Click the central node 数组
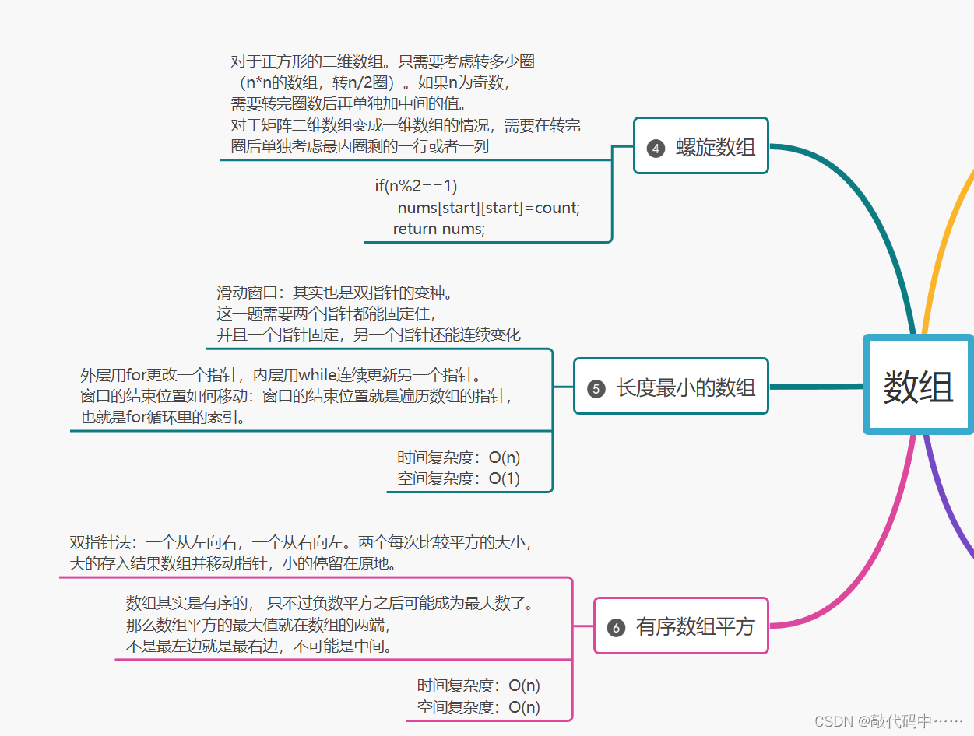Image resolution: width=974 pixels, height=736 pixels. point(918,385)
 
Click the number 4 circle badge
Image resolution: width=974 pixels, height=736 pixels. point(656,148)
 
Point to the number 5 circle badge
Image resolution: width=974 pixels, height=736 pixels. point(596,388)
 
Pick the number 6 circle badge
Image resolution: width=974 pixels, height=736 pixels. point(616,627)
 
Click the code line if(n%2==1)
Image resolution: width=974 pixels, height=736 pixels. point(416,186)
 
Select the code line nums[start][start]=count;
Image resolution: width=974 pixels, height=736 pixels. point(488,208)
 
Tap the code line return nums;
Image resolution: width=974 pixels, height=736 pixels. point(438,229)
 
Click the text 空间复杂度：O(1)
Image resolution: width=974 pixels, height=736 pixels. point(458,478)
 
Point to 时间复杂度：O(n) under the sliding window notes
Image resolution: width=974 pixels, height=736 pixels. point(458,457)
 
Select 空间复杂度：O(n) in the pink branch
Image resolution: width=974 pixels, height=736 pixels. point(478,707)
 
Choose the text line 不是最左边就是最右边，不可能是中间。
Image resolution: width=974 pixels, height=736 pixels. point(259,646)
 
